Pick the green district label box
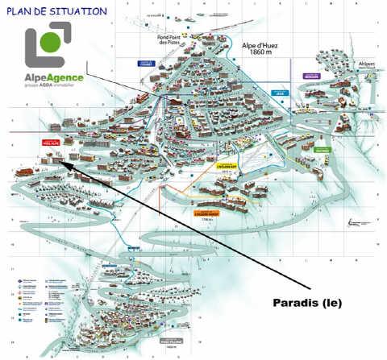coord(322,150)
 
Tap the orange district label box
coord(207,213)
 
